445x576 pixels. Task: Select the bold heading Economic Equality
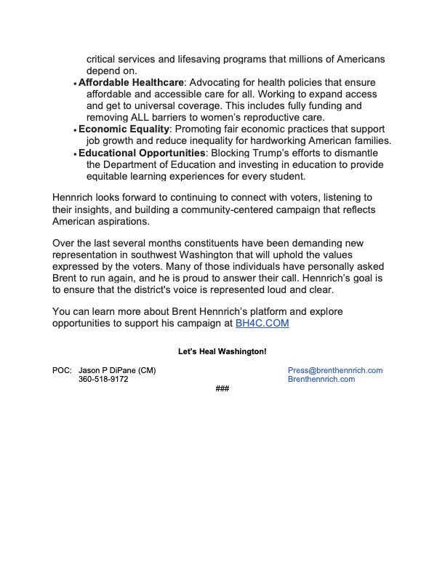pyautogui.click(x=124, y=129)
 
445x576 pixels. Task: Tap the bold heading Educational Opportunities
pyautogui.click(x=142, y=153)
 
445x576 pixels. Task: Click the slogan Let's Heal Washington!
pyautogui.click(x=222, y=351)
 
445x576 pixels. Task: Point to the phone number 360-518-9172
pyautogui.click(x=103, y=380)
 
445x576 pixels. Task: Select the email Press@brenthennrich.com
pyautogui.click(x=335, y=370)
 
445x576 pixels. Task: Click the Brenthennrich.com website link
pyautogui.click(x=321, y=380)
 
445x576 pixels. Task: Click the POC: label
pyautogui.click(x=62, y=370)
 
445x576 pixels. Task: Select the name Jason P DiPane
pyautogui.click(x=107, y=370)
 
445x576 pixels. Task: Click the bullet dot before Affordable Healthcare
pyautogui.click(x=76, y=85)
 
